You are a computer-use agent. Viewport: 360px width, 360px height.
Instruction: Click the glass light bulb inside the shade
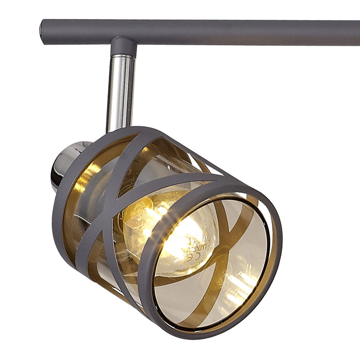[170, 231]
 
